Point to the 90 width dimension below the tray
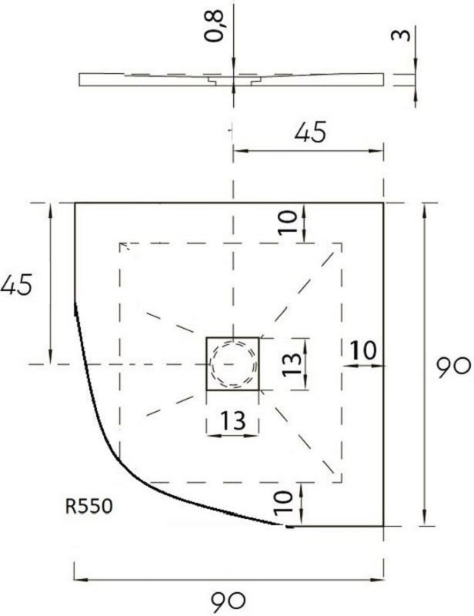229,599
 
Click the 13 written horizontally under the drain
232,420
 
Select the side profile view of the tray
231,79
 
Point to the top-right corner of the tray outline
383,203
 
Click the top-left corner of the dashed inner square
119,243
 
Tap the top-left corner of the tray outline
74,203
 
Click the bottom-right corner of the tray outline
383,527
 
